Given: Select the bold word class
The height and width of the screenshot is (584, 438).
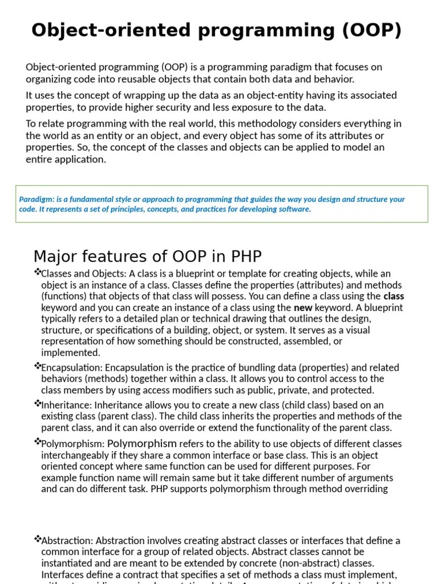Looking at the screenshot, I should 393,296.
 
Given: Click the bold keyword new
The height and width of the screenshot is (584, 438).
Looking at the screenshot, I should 303,307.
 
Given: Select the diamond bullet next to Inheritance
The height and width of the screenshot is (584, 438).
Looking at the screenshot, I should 38,403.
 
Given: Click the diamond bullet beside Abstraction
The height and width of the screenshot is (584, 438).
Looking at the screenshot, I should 38,538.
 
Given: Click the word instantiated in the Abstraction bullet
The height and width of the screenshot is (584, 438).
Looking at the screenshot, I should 66,563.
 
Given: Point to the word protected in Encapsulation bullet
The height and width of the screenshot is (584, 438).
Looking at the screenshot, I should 354,390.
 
